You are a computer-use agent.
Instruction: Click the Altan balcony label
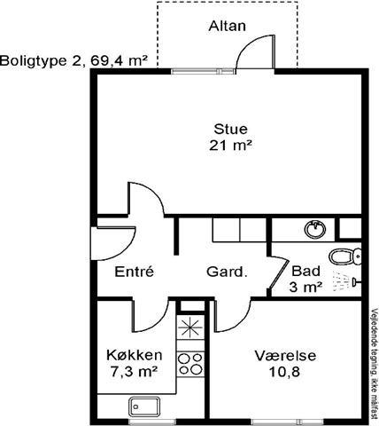227,26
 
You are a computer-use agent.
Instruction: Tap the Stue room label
230,130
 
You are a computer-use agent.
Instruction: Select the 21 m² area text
231,146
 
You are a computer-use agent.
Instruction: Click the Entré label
135,272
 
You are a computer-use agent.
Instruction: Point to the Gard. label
227,272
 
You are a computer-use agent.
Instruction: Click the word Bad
306,271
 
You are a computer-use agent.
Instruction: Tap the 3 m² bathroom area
306,287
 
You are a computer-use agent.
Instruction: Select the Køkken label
135,355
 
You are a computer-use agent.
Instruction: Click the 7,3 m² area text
134,372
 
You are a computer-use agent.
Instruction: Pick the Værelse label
285,356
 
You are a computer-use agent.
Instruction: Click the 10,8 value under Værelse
284,372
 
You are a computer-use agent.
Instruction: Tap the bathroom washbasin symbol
316,230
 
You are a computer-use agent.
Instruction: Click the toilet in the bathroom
344,256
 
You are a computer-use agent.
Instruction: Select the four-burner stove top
190,364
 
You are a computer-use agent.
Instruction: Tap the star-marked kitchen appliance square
190,327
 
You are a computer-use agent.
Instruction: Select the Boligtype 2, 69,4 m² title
74,61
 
